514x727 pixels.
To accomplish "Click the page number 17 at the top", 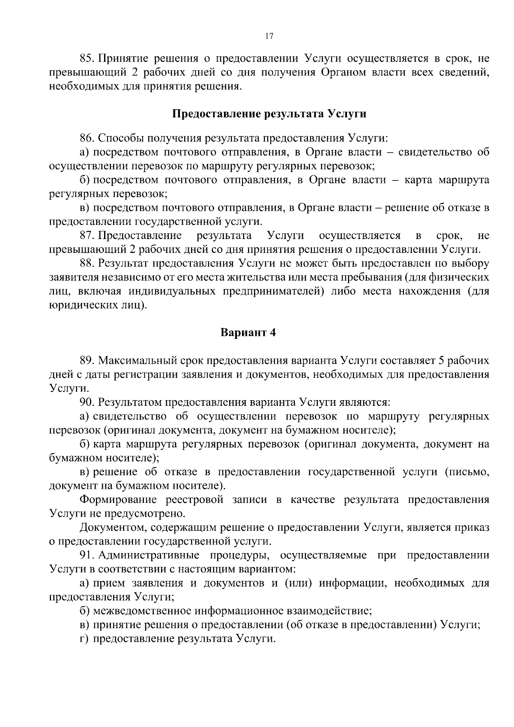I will click(x=269, y=36).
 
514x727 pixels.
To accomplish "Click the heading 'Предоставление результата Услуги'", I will click(x=269, y=114).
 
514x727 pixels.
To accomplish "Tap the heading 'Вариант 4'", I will click(x=248, y=333).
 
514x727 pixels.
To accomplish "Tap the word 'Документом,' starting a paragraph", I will click(x=111, y=528).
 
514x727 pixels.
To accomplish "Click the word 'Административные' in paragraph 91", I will click(x=149, y=556).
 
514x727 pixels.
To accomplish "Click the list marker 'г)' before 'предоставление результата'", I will click(x=84, y=639).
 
